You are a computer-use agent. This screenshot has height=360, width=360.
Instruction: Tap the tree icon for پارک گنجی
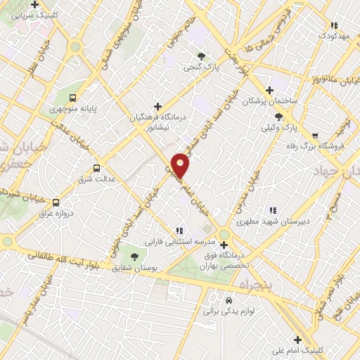coord(202,56)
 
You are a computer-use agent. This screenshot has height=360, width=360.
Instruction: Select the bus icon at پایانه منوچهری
coord(74,98)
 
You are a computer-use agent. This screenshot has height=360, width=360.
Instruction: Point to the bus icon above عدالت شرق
coord(96,168)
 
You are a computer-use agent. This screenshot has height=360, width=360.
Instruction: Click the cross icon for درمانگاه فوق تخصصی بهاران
coord(224,245)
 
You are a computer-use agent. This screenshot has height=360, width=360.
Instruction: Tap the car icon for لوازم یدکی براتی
coord(228,298)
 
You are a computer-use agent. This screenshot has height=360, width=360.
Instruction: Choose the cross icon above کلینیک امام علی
coord(297,338)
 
